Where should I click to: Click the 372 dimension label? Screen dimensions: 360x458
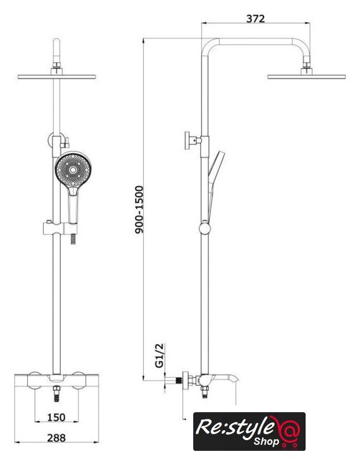pos(256,19)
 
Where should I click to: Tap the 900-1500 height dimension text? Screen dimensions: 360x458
pos(140,210)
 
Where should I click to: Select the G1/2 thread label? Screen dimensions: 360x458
pos(160,355)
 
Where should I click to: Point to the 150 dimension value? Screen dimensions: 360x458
pos(56,417)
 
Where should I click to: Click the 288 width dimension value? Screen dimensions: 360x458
pos(57,438)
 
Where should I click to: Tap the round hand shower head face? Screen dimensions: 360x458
pos(73,169)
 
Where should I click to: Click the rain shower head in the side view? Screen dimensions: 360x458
pos(306,77)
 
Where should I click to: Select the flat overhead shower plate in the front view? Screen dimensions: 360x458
pos(57,77)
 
